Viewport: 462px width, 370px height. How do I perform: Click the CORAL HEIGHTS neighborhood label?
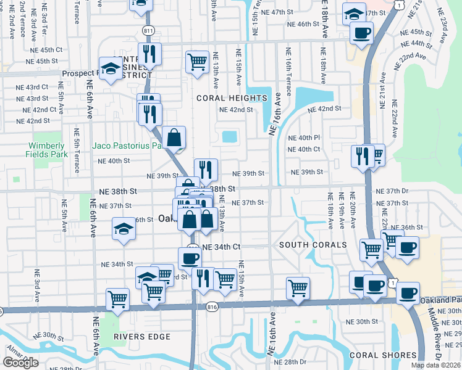pyautogui.click(x=232, y=98)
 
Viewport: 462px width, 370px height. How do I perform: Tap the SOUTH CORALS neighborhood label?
pyautogui.click(x=313, y=245)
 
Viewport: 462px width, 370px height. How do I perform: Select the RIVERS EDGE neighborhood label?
pyautogui.click(x=141, y=337)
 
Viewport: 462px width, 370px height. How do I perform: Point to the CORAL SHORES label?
pyautogui.click(x=383, y=355)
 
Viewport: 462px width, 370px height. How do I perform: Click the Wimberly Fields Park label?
pyautogui.click(x=46, y=149)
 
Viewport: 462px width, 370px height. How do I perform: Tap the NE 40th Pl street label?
pyautogui.click(x=304, y=138)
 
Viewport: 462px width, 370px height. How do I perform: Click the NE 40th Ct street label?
pyautogui.click(x=304, y=149)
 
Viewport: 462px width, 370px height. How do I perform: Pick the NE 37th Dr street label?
pyautogui.click(x=392, y=191)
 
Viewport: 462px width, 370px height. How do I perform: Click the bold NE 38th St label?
pyautogui.click(x=216, y=189)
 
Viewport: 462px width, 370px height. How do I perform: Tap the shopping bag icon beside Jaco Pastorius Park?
pyautogui.click(x=175, y=137)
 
